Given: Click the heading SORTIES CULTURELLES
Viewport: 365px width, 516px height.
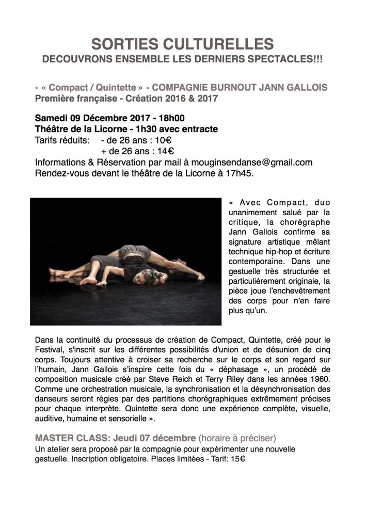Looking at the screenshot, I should coord(182,43).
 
